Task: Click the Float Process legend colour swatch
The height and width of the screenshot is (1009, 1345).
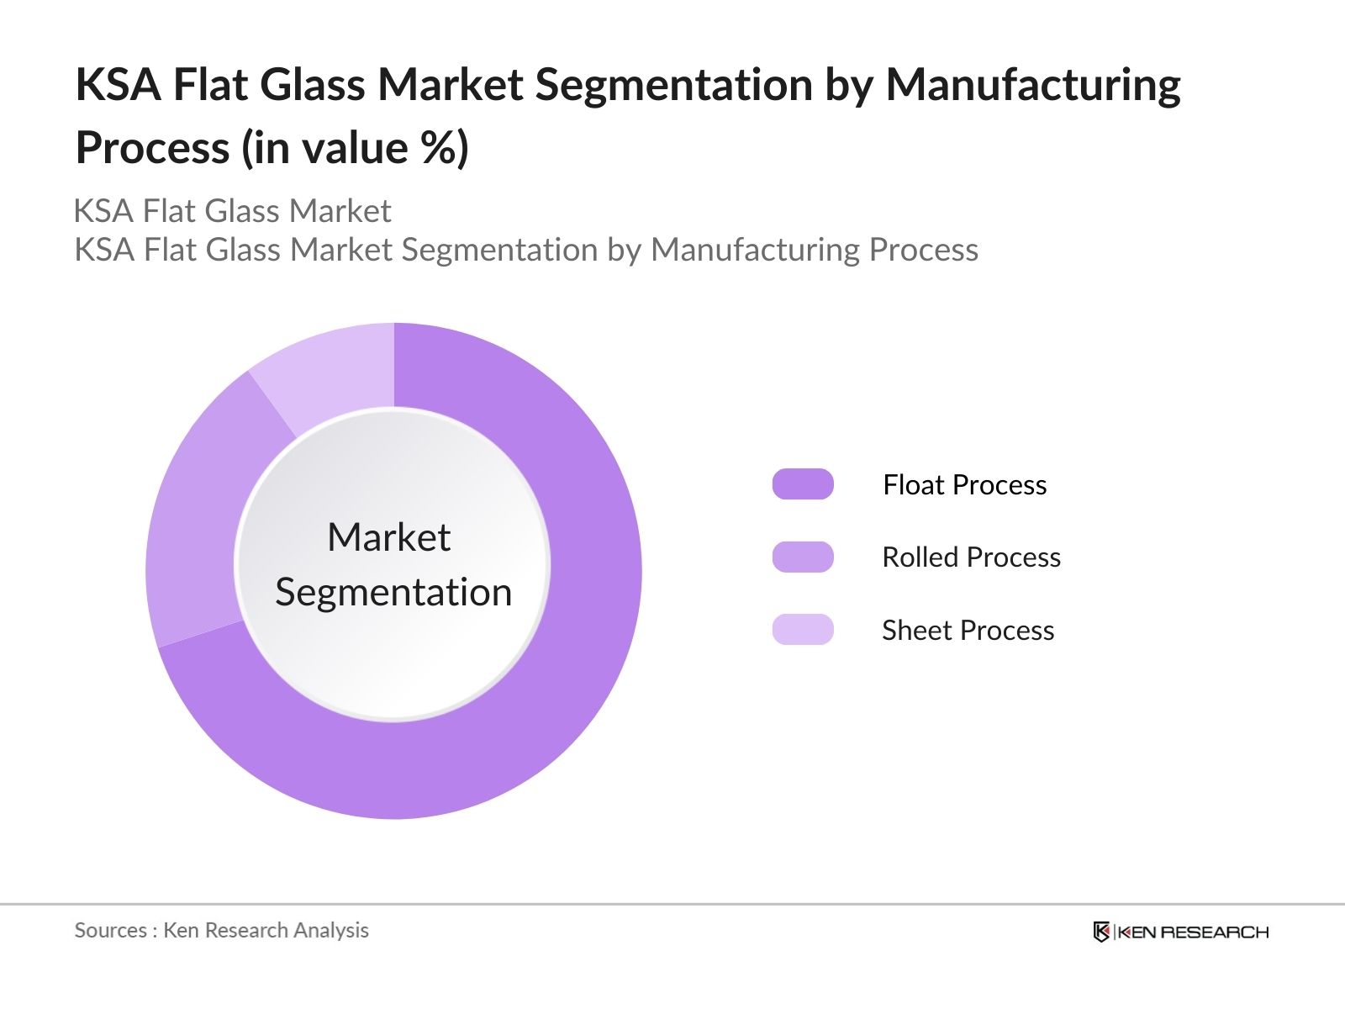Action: coord(803,484)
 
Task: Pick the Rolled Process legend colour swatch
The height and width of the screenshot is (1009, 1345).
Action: coord(803,557)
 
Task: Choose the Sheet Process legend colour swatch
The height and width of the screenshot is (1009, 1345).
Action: coord(803,630)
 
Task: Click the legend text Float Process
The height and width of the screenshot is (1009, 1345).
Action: coord(964,485)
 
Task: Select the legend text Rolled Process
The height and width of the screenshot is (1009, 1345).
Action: coord(971,557)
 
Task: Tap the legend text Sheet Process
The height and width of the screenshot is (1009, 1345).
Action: coord(968,631)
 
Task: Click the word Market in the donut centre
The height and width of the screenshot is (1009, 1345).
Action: coord(389,537)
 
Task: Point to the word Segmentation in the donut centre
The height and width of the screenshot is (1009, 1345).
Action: coord(393,593)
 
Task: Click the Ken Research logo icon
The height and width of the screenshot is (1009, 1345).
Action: coord(1101,932)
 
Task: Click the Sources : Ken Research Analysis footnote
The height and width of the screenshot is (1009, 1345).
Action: coord(221,930)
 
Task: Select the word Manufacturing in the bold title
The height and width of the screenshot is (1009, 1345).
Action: coord(1033,85)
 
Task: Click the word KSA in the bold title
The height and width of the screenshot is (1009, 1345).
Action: coord(118,85)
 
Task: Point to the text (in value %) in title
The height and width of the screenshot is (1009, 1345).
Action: coord(356,148)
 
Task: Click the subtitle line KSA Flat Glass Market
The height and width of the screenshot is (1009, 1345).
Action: coord(232,211)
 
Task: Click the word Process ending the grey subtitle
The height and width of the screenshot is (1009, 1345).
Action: coord(923,250)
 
